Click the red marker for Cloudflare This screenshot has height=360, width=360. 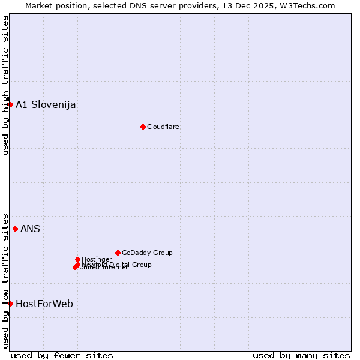pyautogui.click(x=143, y=127)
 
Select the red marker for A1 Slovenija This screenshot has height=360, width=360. pyautogui.click(x=10, y=105)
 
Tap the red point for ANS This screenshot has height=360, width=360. pyautogui.click(x=15, y=229)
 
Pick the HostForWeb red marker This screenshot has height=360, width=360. pyautogui.click(x=10, y=304)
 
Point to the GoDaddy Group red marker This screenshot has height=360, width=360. pyautogui.click(x=118, y=253)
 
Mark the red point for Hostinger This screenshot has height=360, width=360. pyautogui.click(x=77, y=259)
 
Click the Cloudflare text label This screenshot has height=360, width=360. pyautogui.click(x=163, y=127)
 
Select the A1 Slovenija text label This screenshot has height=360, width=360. pyautogui.click(x=46, y=105)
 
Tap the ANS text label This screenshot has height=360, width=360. pyautogui.click(x=30, y=229)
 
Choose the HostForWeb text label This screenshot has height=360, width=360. pyautogui.click(x=44, y=304)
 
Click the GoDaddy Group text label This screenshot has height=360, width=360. pyautogui.click(x=147, y=253)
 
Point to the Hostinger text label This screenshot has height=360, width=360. pyautogui.click(x=97, y=259)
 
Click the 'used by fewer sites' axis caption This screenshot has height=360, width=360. pyautogui.click(x=62, y=355)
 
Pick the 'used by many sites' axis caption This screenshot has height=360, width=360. pyautogui.click(x=301, y=355)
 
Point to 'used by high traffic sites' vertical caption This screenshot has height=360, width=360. pyautogui.click(x=5, y=85)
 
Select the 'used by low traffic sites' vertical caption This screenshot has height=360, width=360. pyautogui.click(x=5, y=280)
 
